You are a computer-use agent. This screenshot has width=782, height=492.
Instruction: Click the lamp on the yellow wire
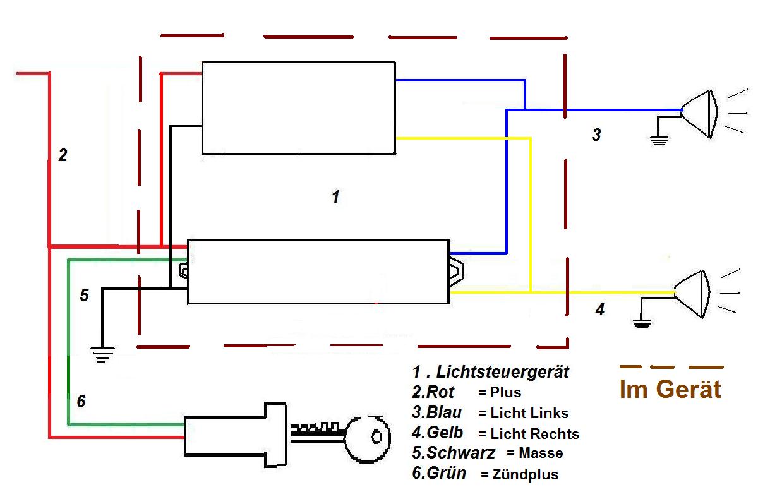click(693, 294)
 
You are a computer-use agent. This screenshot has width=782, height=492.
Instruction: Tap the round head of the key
click(367, 437)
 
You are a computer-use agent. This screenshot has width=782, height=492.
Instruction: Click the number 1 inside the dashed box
click(335, 197)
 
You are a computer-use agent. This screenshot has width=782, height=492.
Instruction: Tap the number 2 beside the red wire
click(63, 155)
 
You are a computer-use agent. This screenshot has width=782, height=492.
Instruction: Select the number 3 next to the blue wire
click(596, 135)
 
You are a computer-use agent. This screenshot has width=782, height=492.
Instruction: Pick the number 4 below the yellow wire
click(600, 309)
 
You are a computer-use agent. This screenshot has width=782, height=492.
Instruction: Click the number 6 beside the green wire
click(81, 401)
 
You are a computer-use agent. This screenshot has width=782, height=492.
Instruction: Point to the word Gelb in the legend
click(445, 433)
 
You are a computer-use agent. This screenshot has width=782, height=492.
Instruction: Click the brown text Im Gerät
click(670, 389)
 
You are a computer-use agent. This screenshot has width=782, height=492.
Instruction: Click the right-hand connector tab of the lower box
click(456, 271)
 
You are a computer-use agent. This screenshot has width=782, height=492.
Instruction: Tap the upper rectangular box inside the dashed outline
click(298, 107)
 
